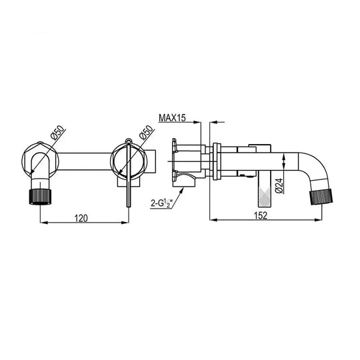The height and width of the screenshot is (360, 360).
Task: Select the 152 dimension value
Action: click(261, 215)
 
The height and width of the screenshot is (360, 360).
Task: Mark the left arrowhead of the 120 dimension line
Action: click(44, 222)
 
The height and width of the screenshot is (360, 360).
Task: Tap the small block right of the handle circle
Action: click(153, 161)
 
